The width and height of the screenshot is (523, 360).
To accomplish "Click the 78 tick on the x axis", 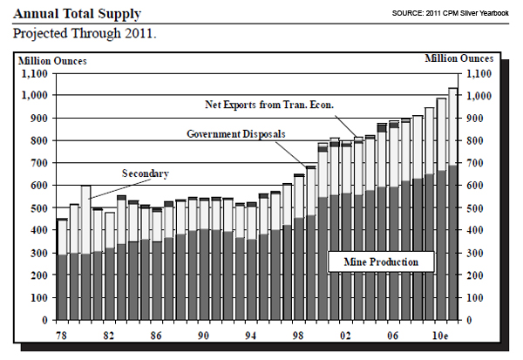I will click(x=62, y=334).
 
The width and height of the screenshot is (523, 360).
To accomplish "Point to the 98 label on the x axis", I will click(x=299, y=334).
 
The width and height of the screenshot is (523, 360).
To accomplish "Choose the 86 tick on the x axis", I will click(x=157, y=334).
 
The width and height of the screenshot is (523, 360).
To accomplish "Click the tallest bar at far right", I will click(x=453, y=204).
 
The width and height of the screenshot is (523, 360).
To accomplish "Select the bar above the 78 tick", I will click(x=62, y=270).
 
